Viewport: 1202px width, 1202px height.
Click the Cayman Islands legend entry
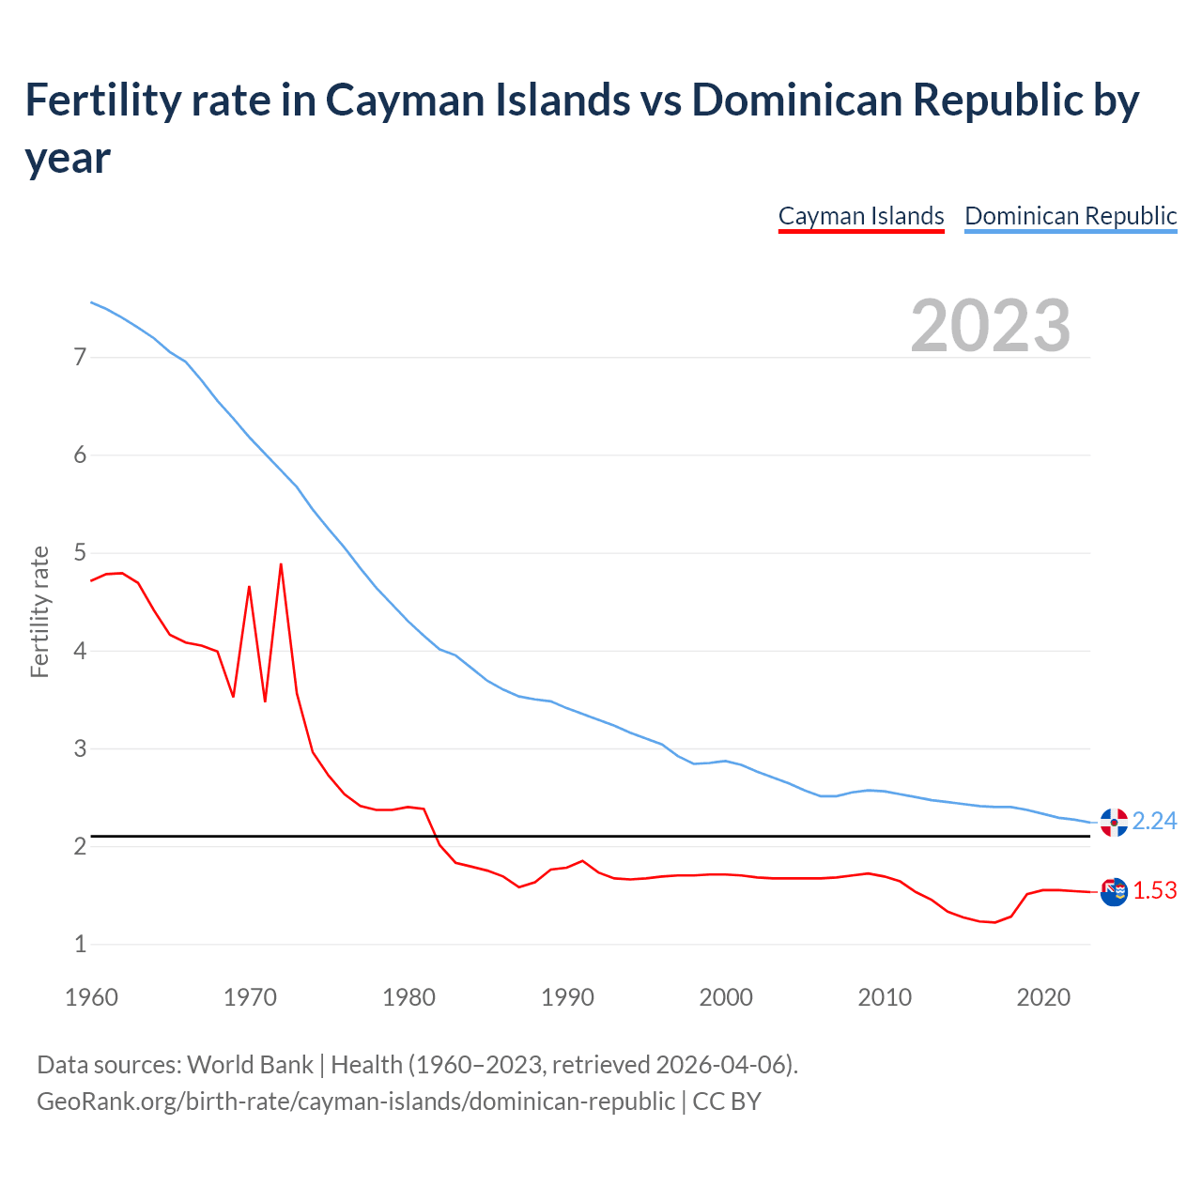pyautogui.click(x=861, y=216)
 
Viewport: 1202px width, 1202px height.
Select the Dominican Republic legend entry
pyautogui.click(x=1071, y=216)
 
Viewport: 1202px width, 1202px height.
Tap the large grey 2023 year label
pyautogui.click(x=991, y=326)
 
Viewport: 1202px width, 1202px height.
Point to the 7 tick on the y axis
pyautogui.click(x=80, y=357)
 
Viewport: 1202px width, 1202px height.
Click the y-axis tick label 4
pyautogui.click(x=80, y=651)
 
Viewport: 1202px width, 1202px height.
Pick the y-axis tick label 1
pyautogui.click(x=80, y=944)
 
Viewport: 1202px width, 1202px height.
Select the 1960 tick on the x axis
pyautogui.click(x=91, y=997)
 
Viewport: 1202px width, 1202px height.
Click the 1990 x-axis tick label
pyautogui.click(x=567, y=997)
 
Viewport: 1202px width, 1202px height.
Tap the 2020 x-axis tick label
pyautogui.click(x=1043, y=997)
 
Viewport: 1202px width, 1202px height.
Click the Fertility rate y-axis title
pyautogui.click(x=39, y=611)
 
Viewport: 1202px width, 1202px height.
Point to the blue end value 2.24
pyautogui.click(x=1154, y=821)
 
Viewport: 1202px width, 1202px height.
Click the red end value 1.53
pyautogui.click(x=1154, y=890)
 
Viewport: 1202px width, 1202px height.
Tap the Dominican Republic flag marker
pyautogui.click(x=1114, y=823)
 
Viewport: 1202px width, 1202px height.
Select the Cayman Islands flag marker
pyautogui.click(x=1114, y=892)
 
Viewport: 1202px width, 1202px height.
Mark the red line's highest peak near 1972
pyautogui.click(x=281, y=564)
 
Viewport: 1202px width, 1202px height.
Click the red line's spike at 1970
pyautogui.click(x=249, y=587)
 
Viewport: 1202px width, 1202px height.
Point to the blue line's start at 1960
pyautogui.click(x=91, y=302)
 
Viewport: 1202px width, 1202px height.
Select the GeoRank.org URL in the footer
pyautogui.click(x=355, y=1101)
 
